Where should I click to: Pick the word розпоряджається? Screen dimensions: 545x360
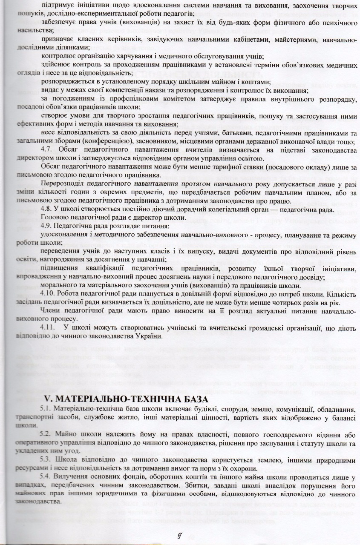click(69, 82)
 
